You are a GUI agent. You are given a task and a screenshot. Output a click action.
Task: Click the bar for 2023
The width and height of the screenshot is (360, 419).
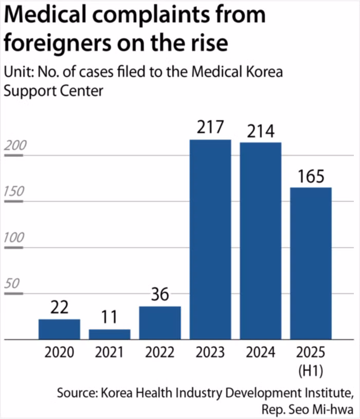point(210,239)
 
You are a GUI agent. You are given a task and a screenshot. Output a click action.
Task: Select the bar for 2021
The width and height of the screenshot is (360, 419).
point(110,335)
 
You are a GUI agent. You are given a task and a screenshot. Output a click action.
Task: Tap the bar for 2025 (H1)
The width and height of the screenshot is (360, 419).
point(311,263)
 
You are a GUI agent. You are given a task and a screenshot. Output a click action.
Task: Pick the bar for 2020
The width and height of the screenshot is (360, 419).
point(59,329)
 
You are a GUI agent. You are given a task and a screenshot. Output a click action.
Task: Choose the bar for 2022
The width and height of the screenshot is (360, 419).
point(160,323)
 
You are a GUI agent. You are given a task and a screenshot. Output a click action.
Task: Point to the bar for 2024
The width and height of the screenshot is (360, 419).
point(261,240)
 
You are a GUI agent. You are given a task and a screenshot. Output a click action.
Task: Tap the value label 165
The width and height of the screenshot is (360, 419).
point(311,177)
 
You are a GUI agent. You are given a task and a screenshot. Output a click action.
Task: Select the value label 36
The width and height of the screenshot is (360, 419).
point(160,295)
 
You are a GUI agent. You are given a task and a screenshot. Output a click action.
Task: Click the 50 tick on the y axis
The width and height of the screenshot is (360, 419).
point(12,285)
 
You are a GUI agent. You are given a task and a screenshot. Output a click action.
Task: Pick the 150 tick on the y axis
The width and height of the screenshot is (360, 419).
point(14,193)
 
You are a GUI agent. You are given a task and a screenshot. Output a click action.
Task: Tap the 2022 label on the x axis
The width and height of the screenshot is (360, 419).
point(160,353)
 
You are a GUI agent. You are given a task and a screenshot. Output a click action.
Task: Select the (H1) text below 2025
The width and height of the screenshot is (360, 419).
point(311,369)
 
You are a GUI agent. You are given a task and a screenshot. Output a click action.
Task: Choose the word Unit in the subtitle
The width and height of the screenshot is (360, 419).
point(17,72)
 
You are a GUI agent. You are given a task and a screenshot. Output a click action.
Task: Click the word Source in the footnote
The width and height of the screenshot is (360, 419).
point(77,393)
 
